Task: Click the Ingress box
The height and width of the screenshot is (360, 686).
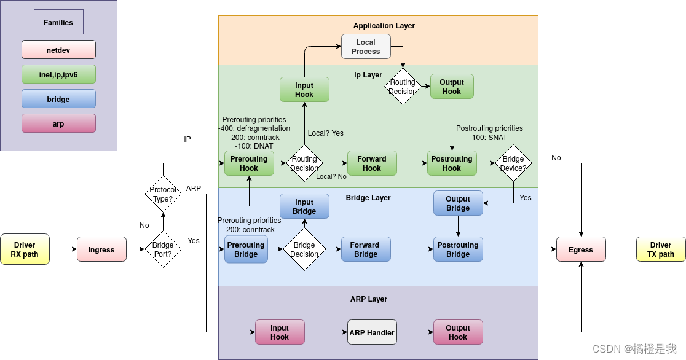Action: (101, 249)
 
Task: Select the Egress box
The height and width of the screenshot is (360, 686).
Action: (581, 249)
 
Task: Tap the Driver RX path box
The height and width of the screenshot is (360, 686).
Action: (25, 249)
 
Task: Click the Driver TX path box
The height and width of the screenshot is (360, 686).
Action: (661, 249)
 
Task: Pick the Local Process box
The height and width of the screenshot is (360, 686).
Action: (366, 47)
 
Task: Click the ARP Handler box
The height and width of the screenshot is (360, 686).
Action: (372, 332)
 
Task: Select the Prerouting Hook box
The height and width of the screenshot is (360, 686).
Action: (249, 163)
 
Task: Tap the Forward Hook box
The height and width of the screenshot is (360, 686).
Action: (372, 163)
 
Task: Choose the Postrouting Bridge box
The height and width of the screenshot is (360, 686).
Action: (458, 249)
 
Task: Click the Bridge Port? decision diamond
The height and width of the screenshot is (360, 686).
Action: (163, 249)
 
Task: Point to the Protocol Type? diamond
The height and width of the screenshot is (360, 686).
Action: (163, 194)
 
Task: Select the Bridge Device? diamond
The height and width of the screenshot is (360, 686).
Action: (513, 163)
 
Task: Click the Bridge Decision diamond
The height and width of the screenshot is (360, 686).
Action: (304, 249)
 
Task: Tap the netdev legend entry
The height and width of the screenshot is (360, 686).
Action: (58, 49)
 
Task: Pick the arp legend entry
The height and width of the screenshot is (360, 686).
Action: (58, 123)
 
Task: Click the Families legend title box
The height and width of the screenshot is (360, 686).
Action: (58, 22)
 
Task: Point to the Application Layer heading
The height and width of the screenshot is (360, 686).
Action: (384, 26)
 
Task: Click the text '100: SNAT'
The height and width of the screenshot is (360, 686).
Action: (490, 138)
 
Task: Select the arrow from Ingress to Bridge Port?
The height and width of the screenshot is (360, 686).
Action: (135, 249)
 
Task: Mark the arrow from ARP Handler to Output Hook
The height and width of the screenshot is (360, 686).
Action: (415, 332)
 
